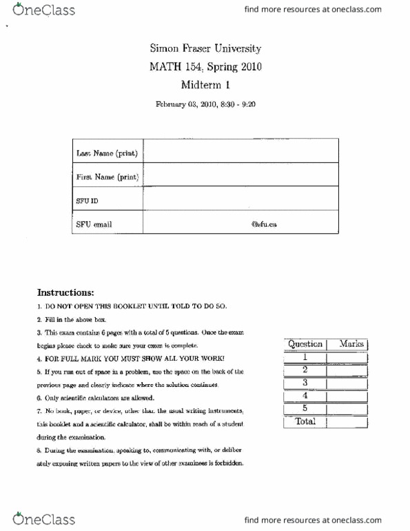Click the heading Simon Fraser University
205,50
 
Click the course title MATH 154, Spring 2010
205,68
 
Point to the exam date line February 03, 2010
205,105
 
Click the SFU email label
94,224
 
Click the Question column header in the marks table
305,344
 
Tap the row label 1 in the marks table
305,357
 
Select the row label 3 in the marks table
305,383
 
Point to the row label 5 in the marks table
305,408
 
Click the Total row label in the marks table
305,422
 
